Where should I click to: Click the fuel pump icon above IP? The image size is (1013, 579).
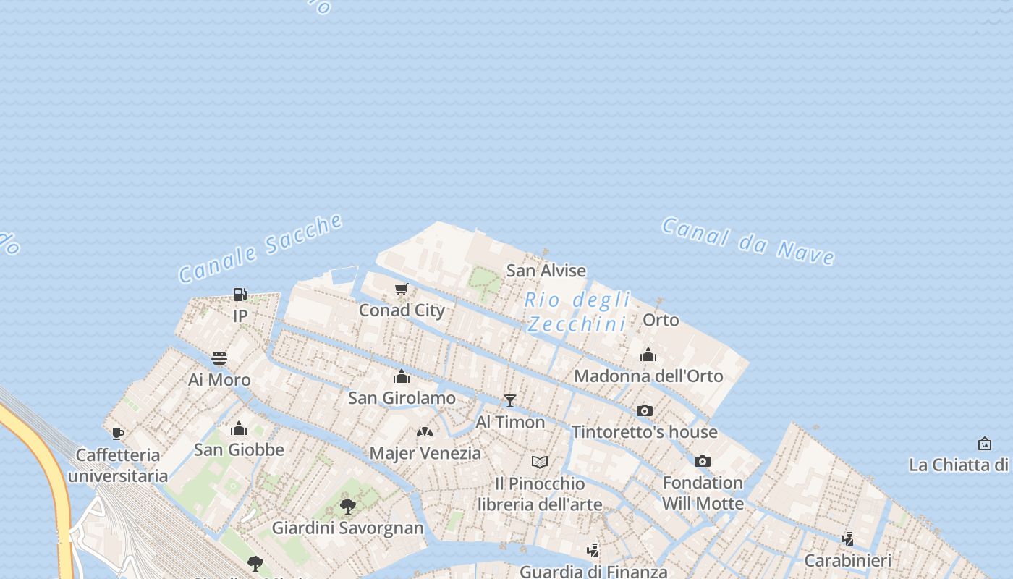coord(240,294)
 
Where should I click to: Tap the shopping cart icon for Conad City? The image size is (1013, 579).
coord(402,289)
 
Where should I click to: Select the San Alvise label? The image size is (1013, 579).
coord(546,271)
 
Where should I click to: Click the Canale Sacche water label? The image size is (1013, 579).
coord(261,248)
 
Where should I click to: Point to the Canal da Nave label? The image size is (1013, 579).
coord(748,240)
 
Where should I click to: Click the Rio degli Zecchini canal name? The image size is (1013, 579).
coord(577,311)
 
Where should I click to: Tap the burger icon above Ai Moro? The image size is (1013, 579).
coord(219,358)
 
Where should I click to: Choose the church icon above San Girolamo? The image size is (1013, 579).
coord(402,376)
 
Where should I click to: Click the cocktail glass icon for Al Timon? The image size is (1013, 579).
coord(510,400)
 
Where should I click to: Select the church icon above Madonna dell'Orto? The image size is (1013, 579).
coord(648,355)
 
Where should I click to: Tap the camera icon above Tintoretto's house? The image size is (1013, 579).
coord(645,410)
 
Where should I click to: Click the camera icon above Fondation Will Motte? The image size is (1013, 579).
coord(703,461)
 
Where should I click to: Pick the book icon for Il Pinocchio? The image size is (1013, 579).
coord(540,462)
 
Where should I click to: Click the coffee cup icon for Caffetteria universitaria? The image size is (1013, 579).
coord(118,434)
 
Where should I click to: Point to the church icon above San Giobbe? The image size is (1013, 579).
coord(239,428)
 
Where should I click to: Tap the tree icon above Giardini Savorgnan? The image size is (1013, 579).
coord(348,506)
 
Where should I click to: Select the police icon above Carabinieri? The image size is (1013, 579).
coord(848,539)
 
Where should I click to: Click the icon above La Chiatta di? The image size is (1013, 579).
coord(985,443)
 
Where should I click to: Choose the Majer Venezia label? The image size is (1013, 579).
coord(425,454)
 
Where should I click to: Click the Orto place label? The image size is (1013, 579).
coord(661,320)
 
